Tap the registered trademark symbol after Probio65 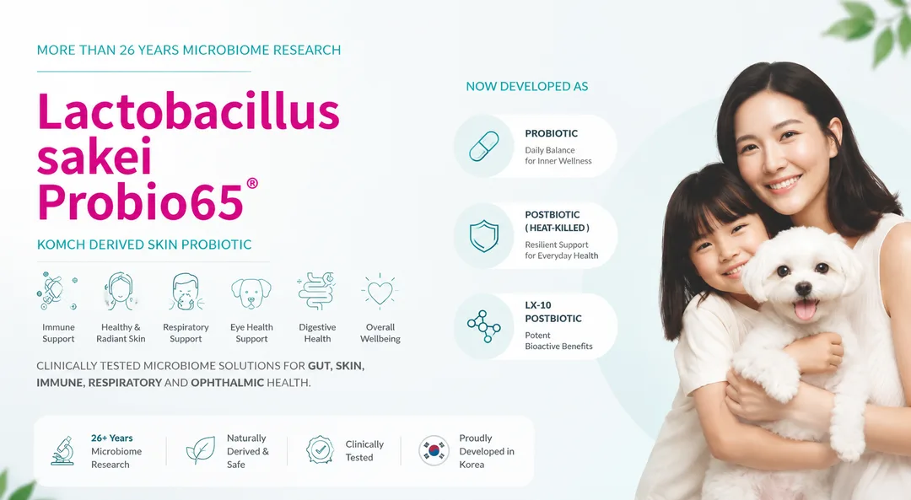pos(252,184)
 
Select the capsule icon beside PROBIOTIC pos(484,147)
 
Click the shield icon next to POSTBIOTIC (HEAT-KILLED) pos(484,236)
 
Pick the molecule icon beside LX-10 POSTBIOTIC pos(484,326)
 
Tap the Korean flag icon pos(434,450)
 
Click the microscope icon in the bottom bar pos(62,450)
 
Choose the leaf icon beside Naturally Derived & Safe pos(201,450)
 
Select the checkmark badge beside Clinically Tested pos(321,450)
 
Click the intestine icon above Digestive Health pos(316,292)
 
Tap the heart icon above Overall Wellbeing pos(380,292)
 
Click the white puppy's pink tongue pos(806,309)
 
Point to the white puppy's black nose pos(803,288)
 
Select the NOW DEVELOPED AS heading pos(527,87)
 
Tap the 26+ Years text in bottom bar pos(111,438)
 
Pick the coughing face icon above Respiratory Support pos(186,292)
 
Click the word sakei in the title pos(94,156)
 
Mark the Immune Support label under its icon pos(58,333)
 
